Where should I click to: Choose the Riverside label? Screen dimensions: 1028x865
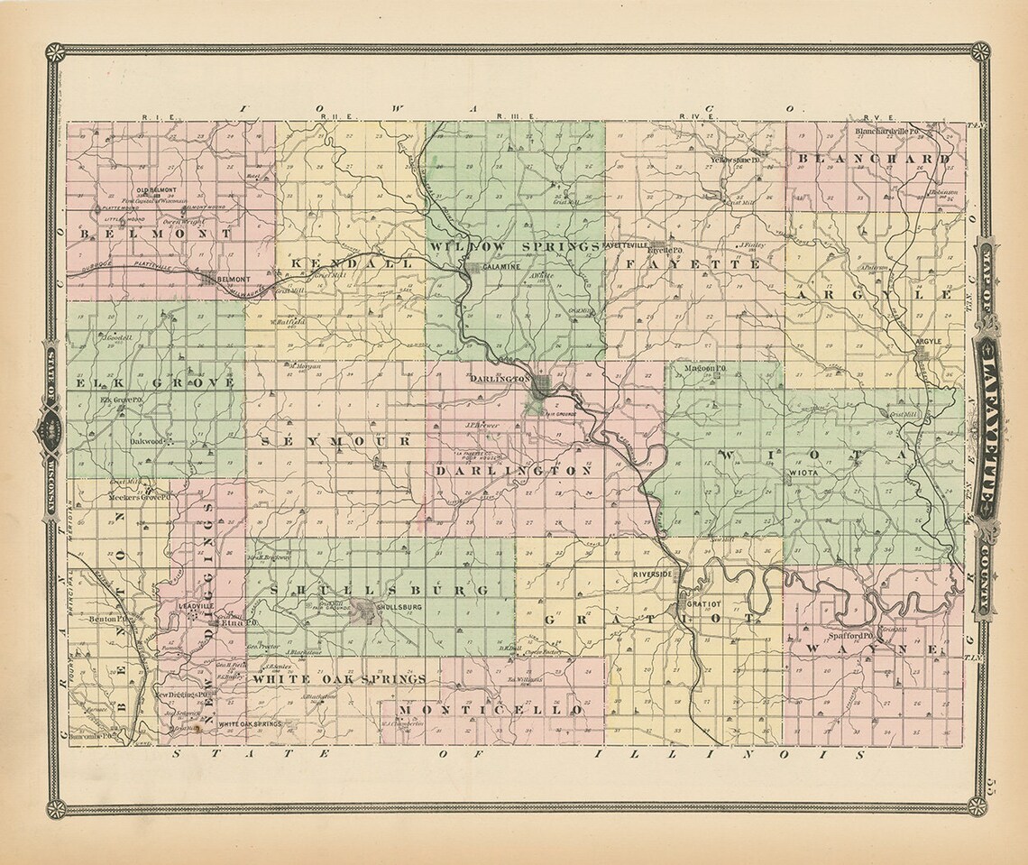(654, 574)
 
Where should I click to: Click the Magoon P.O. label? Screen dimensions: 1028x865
(704, 368)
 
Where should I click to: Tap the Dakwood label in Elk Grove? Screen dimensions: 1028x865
(146, 442)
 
